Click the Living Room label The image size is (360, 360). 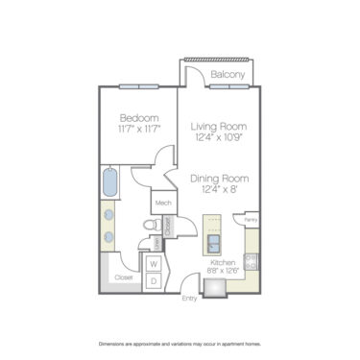pyautogui.click(x=220, y=126)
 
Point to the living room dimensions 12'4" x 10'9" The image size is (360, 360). pyautogui.click(x=220, y=138)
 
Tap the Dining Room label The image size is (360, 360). pyautogui.click(x=220, y=179)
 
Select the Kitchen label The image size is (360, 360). pyautogui.click(x=224, y=261)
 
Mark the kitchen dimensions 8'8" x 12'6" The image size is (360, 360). pyautogui.click(x=224, y=271)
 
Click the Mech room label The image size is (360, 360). pyautogui.click(x=162, y=204)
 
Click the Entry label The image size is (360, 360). pyautogui.click(x=190, y=299)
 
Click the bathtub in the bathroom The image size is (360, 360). pyautogui.click(x=109, y=181)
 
